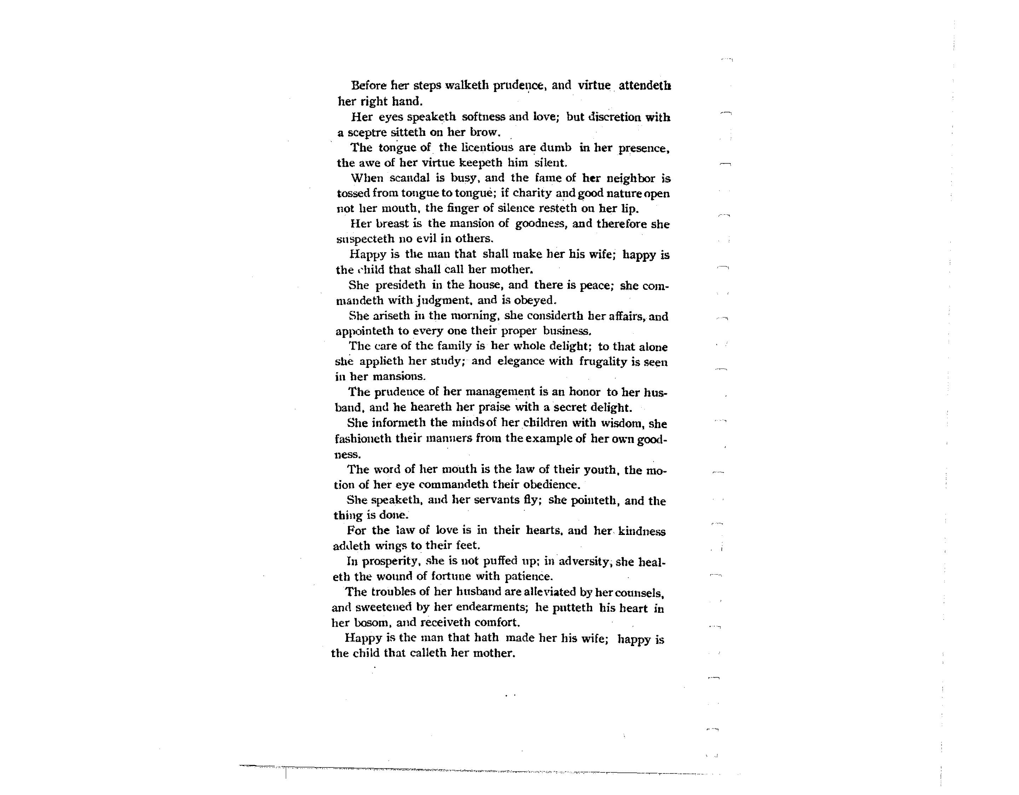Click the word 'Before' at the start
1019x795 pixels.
(x=369, y=85)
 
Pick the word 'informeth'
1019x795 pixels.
(x=399, y=423)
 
